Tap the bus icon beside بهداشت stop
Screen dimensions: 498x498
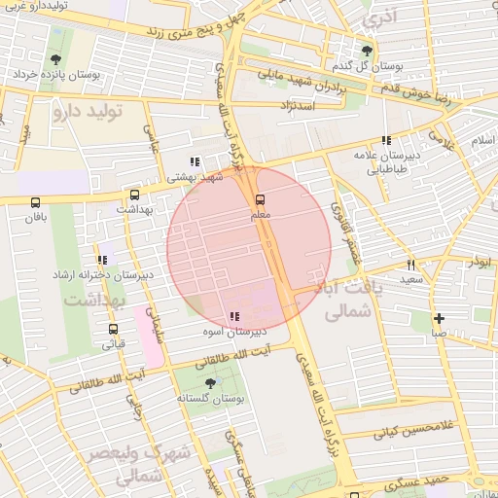click(134, 194)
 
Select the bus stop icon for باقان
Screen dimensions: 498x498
click(36, 203)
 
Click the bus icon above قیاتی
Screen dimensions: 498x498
click(114, 328)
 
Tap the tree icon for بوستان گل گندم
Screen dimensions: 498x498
click(367, 51)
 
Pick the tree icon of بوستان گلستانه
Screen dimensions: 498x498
click(210, 383)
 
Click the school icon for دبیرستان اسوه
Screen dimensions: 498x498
click(233, 316)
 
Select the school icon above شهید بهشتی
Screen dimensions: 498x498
click(196, 162)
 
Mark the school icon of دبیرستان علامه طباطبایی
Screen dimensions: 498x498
click(387, 140)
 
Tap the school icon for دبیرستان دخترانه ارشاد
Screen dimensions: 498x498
click(102, 260)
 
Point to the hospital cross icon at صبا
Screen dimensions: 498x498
click(439, 318)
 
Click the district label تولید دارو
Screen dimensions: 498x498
click(89, 111)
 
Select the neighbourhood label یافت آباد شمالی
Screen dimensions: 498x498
click(351, 301)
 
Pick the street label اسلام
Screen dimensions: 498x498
click(483, 140)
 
